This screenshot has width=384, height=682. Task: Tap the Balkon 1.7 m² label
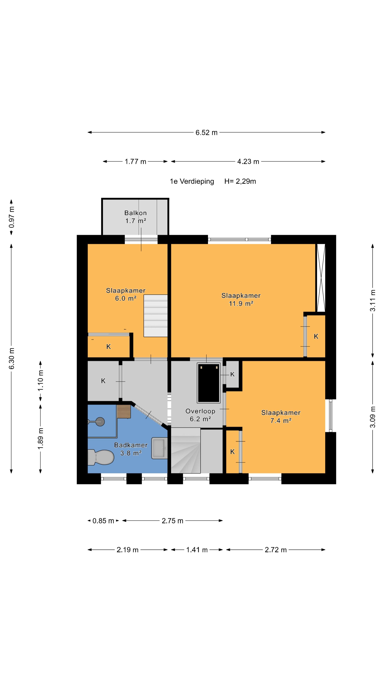[x=135, y=217]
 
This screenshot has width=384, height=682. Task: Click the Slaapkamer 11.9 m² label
[x=241, y=299]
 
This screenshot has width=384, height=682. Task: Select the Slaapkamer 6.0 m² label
[x=126, y=294]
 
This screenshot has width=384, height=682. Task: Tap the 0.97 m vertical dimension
[x=11, y=217]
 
